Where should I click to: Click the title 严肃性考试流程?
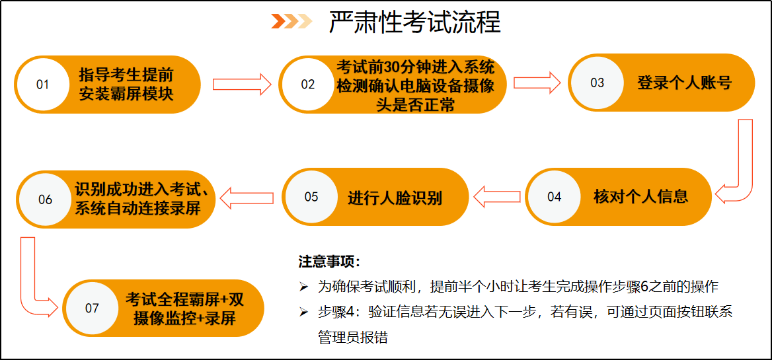[414, 22]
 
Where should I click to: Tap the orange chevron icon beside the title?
[292, 22]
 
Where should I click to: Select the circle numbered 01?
[43, 84]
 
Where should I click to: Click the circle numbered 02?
[308, 84]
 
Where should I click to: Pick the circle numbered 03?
[598, 82]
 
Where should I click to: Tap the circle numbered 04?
[554, 197]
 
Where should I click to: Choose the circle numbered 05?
[311, 197]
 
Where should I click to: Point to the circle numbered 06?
[46, 199]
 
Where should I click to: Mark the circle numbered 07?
[92, 308]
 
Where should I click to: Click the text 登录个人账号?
[684, 83]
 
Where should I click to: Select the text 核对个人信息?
[641, 197]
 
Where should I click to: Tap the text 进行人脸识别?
[395, 198]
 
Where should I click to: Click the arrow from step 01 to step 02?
[242, 84]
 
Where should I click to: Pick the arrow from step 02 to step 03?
[537, 82]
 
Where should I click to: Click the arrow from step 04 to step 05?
[497, 197]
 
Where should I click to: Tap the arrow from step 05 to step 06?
[246, 198]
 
